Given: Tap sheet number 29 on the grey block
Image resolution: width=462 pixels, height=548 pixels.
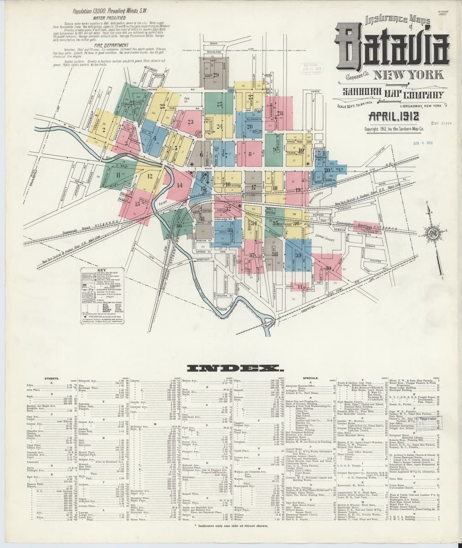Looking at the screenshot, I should point(216,75).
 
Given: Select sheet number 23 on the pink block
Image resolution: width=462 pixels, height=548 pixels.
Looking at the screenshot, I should point(190,122).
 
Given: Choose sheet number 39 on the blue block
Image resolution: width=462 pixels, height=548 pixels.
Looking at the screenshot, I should point(298,255).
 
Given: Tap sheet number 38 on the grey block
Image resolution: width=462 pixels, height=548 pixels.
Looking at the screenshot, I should point(275,254).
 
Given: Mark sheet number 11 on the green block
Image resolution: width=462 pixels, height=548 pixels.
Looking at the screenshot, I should point(118,174).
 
